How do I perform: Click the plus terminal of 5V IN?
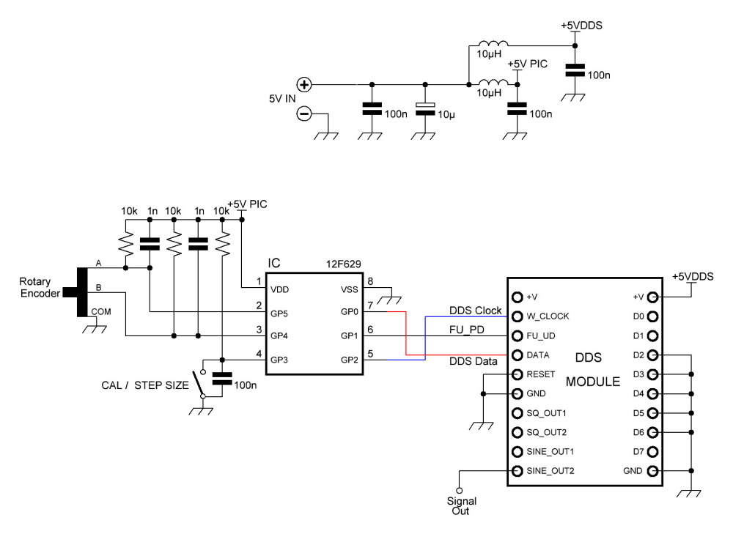click(304, 85)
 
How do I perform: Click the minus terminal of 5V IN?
click(304, 114)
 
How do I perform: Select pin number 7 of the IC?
click(372, 304)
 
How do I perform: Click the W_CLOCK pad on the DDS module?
click(517, 316)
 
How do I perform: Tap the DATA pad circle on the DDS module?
click(517, 355)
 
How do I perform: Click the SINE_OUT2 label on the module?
click(550, 470)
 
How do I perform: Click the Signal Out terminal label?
click(462, 506)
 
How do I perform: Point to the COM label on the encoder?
click(102, 311)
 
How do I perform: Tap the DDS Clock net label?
click(475, 311)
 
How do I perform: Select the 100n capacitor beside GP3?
click(222, 379)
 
